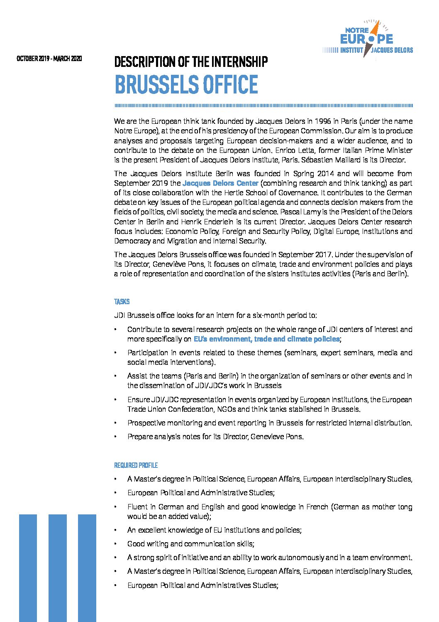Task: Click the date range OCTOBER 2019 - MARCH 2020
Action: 49,59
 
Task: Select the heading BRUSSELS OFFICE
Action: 186,84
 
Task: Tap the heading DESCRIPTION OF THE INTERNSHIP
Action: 191,62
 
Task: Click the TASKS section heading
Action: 122,302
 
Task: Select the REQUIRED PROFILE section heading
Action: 136,465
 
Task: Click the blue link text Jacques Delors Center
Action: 220,183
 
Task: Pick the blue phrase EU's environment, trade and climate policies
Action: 266,339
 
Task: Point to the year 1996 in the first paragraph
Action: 322,121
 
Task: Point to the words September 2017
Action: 305,255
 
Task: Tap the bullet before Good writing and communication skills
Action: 115,544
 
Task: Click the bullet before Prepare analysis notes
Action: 115,437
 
